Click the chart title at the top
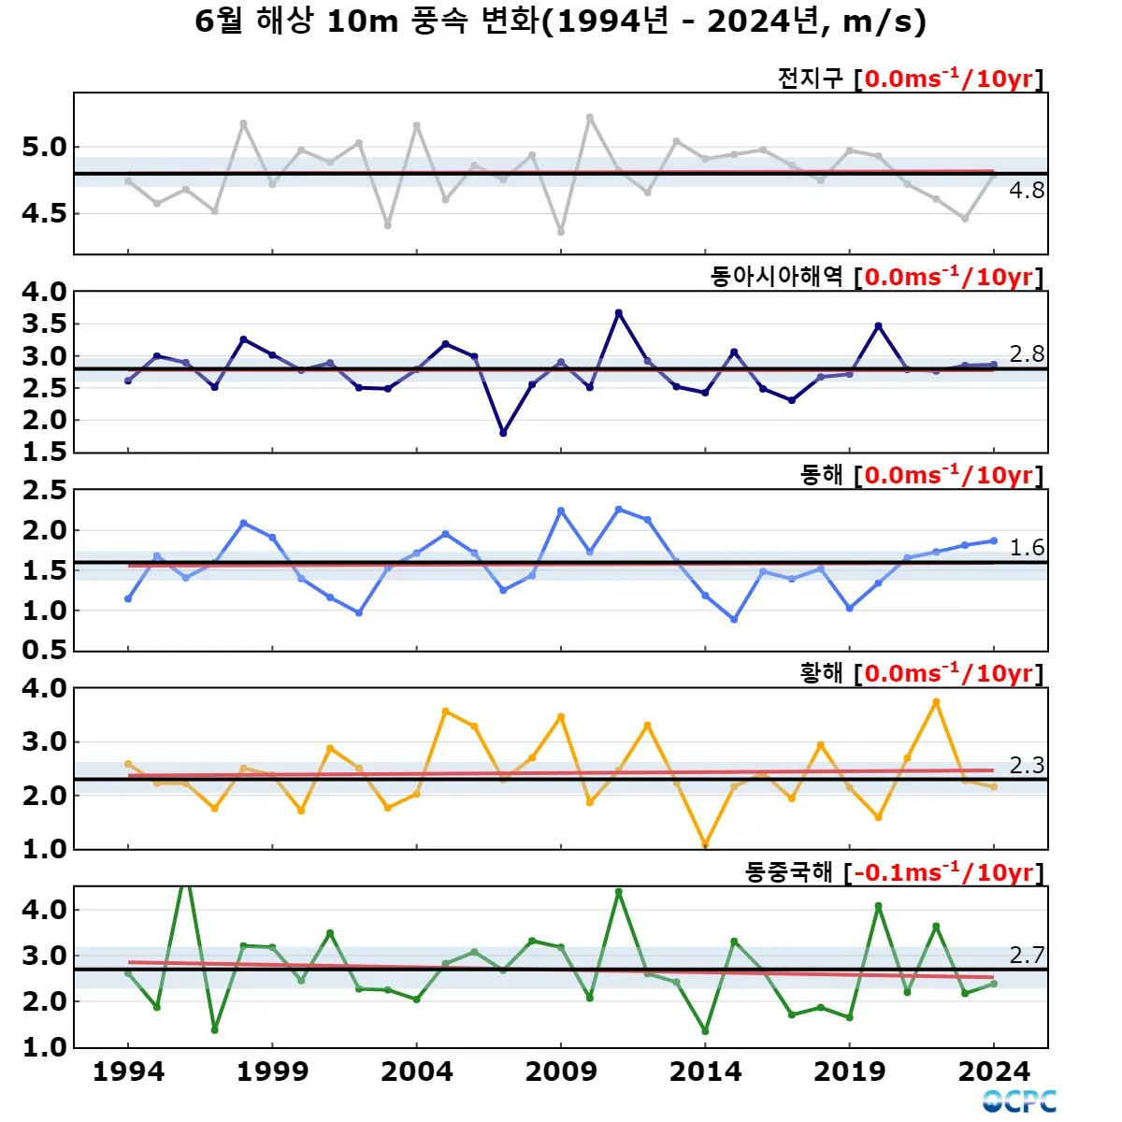[560, 22]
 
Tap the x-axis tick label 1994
[128, 1072]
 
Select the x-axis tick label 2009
[561, 1072]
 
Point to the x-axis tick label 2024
[994, 1072]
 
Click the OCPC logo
[1019, 1101]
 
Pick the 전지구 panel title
[810, 79]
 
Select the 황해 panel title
[821, 673]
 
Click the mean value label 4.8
[1027, 191]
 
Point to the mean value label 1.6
[1027, 548]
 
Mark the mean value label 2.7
[1027, 956]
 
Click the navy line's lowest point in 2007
[503, 433]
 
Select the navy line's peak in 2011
[618, 313]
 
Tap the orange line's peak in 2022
[936, 702]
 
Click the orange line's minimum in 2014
[705, 844]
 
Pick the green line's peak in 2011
[618, 892]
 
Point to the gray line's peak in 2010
[589, 118]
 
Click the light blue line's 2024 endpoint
[994, 540]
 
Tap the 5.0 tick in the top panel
[44, 148]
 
